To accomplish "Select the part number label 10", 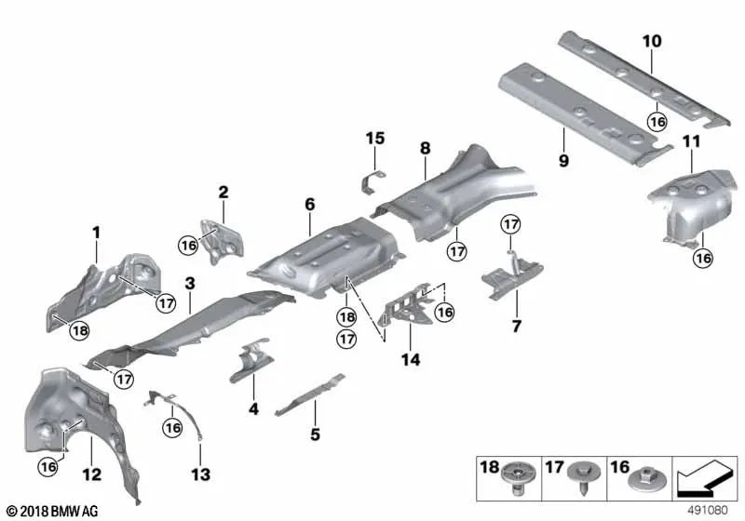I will [651, 41].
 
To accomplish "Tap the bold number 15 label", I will [374, 139].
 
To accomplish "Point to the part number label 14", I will [410, 357].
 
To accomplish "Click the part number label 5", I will [315, 433].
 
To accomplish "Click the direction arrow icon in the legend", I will [703, 479].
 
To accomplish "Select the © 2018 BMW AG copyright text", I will [52, 512].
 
